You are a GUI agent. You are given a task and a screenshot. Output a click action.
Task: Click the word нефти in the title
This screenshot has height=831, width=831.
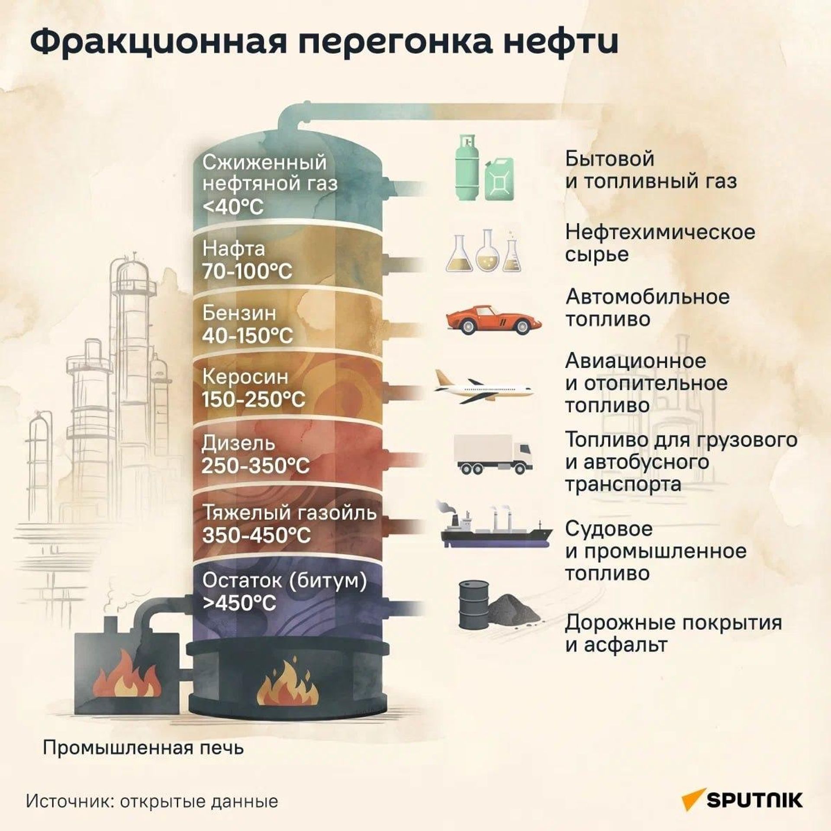[x=559, y=42]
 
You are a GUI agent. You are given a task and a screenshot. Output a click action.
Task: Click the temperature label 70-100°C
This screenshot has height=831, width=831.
[x=247, y=271]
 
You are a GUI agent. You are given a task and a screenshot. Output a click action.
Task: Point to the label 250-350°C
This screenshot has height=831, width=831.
[x=256, y=466]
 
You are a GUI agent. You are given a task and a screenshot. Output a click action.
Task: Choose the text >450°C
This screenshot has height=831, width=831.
[x=239, y=602]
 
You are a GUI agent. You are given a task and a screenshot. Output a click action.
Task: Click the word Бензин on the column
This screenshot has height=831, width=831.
[x=239, y=313]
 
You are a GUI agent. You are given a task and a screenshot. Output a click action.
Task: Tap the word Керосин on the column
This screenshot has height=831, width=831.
[x=245, y=377]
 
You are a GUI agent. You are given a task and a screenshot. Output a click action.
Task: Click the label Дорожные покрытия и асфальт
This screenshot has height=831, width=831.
[x=673, y=634]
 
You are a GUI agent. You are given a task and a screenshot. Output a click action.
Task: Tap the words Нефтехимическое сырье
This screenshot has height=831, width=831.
[x=660, y=243]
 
